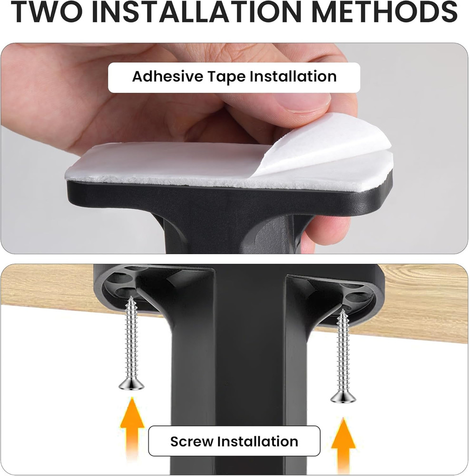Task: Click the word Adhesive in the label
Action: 167,76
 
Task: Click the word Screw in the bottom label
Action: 192,441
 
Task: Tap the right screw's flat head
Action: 343,397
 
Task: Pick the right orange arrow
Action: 343,445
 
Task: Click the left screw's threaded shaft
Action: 131,338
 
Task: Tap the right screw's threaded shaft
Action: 343,351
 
